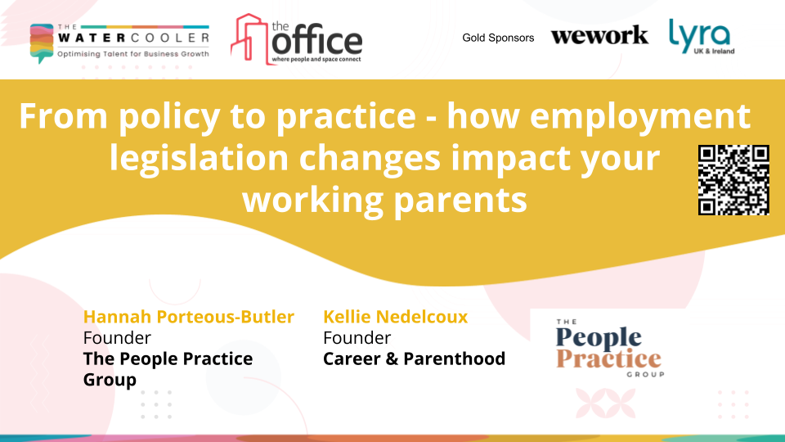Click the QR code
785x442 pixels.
pyautogui.click(x=733, y=180)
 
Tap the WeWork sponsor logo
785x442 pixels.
pyautogui.click(x=599, y=35)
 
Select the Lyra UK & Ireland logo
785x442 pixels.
pyautogui.click(x=702, y=36)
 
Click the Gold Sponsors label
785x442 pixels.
pyautogui.click(x=498, y=38)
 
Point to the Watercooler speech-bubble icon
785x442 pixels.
pyautogui.click(x=42, y=43)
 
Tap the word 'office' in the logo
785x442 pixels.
pyautogui.click(x=317, y=42)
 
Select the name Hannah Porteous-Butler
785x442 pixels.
pyautogui.click(x=188, y=317)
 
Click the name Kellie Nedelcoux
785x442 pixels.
pyautogui.click(x=396, y=317)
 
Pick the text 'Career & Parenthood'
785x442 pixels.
pyautogui.click(x=414, y=359)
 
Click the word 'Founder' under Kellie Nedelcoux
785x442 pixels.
pyautogui.click(x=357, y=338)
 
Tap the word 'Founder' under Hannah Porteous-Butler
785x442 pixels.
pyautogui.click(x=117, y=338)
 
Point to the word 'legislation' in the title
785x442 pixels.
pyautogui.click(x=199, y=158)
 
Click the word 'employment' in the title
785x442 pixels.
pyautogui.click(x=639, y=117)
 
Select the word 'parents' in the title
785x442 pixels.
pyautogui.click(x=460, y=201)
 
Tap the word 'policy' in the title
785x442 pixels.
pyautogui.click(x=169, y=117)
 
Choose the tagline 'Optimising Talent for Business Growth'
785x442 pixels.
pyautogui.click(x=133, y=54)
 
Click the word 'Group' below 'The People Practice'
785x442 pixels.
pyautogui.click(x=110, y=380)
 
